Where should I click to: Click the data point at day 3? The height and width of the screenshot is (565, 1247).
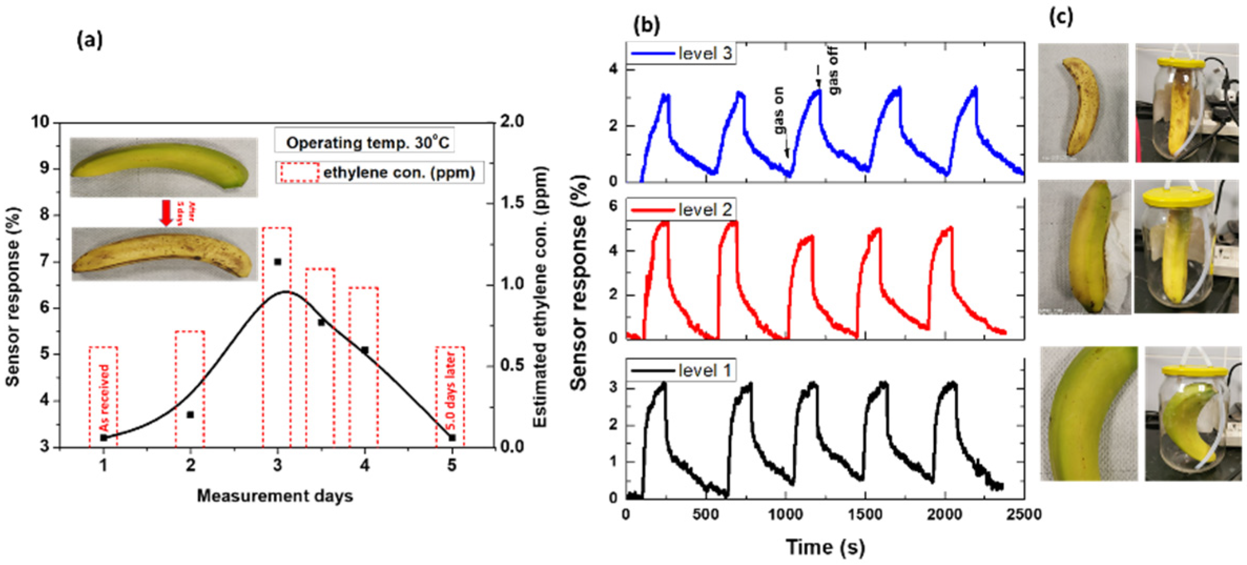coord(278,262)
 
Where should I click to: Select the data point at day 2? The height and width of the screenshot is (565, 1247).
coord(190,415)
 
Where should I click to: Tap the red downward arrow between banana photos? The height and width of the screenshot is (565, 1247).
coord(167,212)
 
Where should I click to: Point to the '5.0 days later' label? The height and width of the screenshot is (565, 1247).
coord(451,392)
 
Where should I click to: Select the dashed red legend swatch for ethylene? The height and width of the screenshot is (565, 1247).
coord(299,172)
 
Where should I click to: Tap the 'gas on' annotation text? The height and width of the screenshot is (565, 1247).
coord(779,110)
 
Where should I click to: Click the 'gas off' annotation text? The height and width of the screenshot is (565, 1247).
coord(834,70)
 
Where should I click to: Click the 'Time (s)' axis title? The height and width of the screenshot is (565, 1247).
coord(825,547)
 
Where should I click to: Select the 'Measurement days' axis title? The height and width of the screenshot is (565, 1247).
coord(275,496)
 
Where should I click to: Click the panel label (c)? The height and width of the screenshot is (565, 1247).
coord(1061,17)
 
